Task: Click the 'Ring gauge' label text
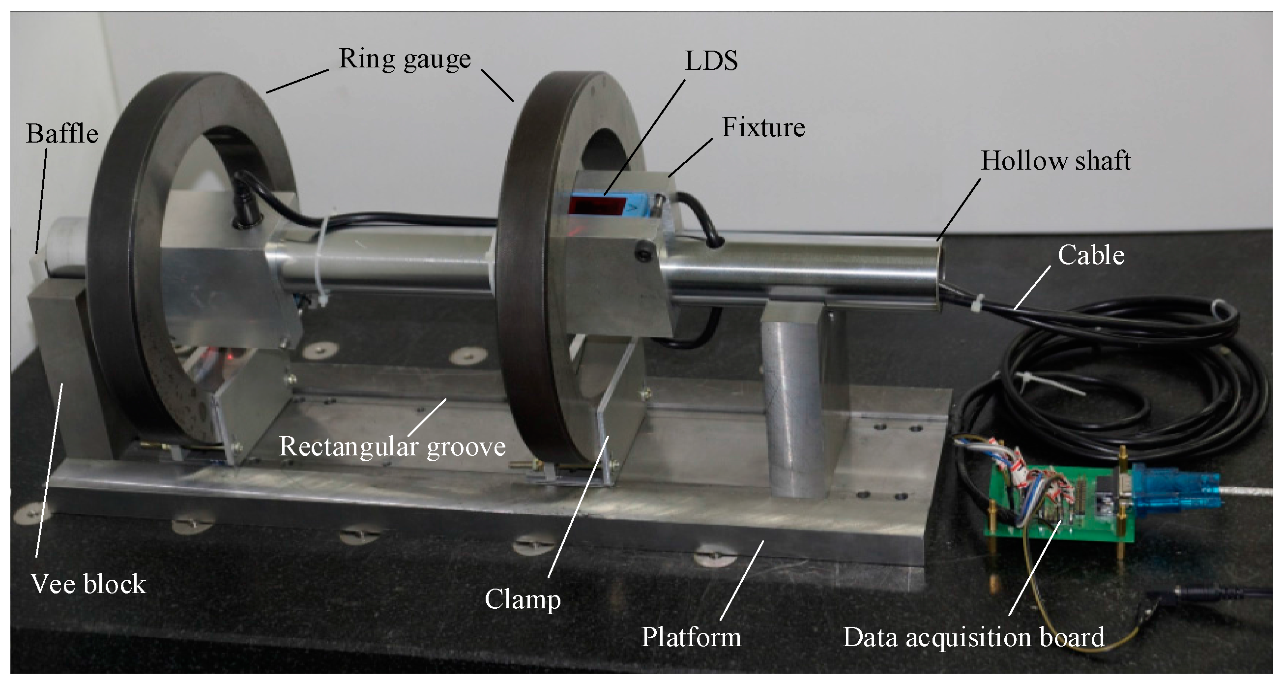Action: [x=405, y=60]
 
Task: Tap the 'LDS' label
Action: [x=711, y=62]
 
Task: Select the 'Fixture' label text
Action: [x=763, y=127]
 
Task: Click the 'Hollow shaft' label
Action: [x=1055, y=161]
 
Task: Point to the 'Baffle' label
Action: [x=62, y=134]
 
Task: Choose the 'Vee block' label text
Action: [x=88, y=584]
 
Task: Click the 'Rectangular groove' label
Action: [x=392, y=446]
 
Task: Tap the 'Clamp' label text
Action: [x=523, y=599]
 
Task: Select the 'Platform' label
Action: [x=691, y=637]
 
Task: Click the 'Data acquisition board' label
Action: [x=973, y=637]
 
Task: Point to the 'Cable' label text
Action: [x=1091, y=256]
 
